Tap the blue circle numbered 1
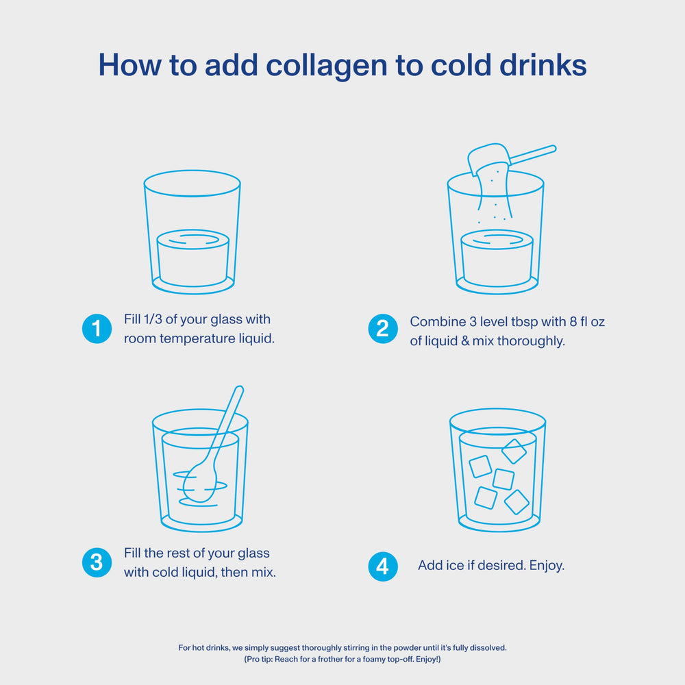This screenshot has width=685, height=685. (97, 329)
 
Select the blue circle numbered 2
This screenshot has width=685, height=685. (383, 329)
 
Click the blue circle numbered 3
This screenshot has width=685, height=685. (97, 562)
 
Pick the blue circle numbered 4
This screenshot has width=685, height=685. (383, 566)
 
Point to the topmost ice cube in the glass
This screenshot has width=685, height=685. (514, 451)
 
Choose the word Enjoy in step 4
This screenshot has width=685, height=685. (545, 566)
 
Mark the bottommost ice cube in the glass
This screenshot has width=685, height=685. (516, 501)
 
